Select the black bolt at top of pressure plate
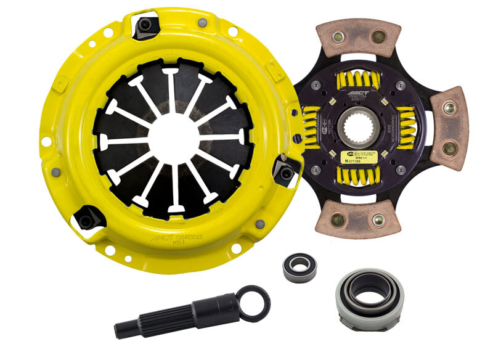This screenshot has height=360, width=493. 146,24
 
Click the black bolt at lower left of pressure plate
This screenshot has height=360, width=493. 86,217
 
